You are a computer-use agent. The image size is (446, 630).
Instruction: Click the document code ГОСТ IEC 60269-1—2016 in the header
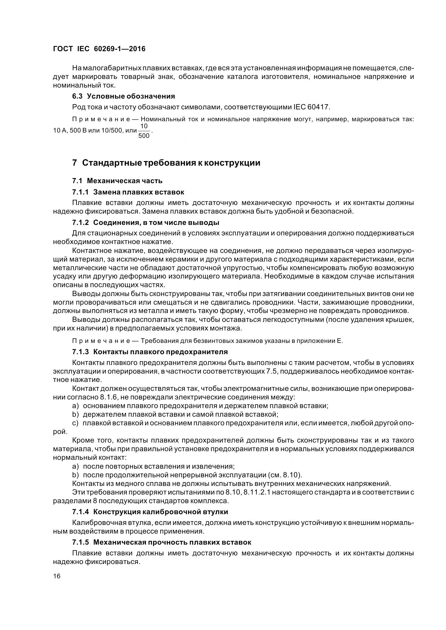click(x=99, y=49)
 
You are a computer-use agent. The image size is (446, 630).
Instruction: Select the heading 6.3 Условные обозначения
click(x=123, y=96)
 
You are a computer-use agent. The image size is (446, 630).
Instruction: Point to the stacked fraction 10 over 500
click(x=144, y=131)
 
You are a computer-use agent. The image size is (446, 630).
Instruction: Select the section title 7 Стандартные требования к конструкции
click(x=166, y=163)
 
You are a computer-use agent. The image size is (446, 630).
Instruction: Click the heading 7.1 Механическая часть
click(x=117, y=181)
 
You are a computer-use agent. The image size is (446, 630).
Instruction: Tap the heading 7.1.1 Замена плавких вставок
click(x=128, y=192)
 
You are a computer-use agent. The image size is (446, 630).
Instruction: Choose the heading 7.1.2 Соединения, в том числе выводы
click(x=146, y=222)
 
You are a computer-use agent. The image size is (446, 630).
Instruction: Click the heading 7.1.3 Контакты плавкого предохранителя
click(x=150, y=352)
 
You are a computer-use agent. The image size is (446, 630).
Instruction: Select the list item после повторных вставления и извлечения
click(x=159, y=466)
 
